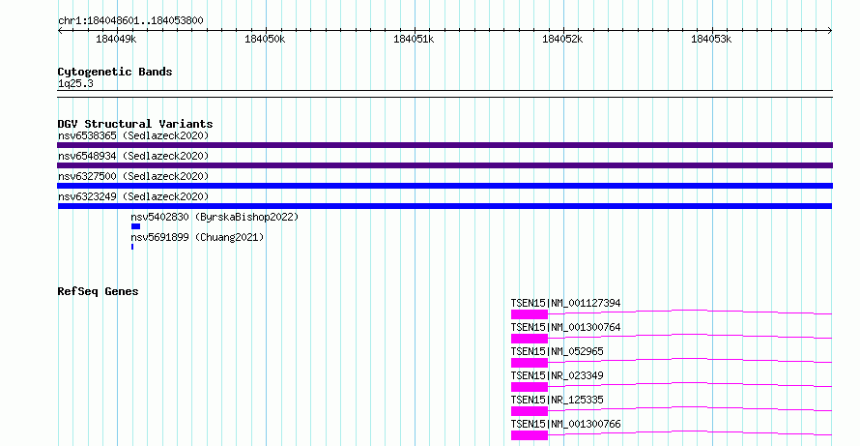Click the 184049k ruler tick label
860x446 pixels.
coord(116,39)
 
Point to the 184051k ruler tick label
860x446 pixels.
coord(414,39)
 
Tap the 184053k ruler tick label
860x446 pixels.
coord(711,39)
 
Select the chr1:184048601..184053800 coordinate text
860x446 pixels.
coord(130,21)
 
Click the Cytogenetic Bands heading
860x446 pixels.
coord(115,72)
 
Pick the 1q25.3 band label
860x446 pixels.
coord(75,84)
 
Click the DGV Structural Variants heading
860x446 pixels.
coord(135,124)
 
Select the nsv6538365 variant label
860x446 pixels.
coord(87,135)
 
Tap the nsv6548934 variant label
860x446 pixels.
coord(87,156)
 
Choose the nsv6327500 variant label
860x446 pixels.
coord(87,176)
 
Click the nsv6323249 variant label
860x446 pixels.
coord(87,196)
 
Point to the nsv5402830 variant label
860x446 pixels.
coord(159,217)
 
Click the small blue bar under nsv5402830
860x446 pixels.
coord(135,226)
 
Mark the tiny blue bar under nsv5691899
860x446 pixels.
coord(132,247)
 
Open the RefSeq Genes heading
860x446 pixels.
coord(98,291)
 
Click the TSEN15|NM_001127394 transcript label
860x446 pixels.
coord(565,303)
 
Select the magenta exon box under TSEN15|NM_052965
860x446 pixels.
coord(530,363)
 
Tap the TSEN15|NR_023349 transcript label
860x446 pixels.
coord(557,375)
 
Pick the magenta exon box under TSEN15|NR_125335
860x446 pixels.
coord(530,411)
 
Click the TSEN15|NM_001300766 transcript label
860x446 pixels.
coord(565,424)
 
